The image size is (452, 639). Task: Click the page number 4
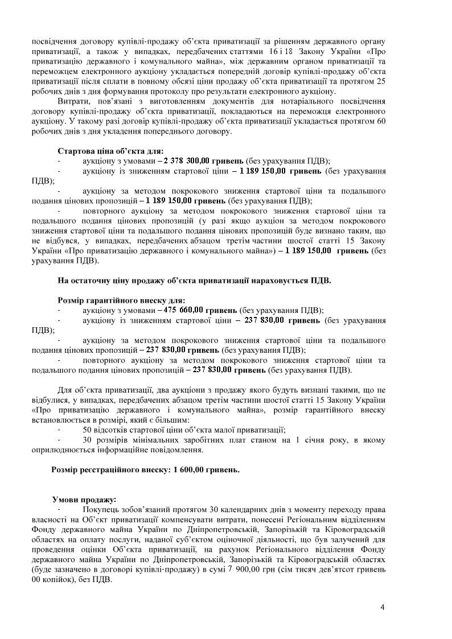[383, 607]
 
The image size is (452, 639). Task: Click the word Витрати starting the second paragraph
[73, 101]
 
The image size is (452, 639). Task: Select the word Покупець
[101, 509]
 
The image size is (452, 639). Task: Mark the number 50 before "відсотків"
[88, 430]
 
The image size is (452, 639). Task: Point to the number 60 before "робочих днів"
[381, 121]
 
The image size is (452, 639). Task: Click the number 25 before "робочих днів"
[381, 81]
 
